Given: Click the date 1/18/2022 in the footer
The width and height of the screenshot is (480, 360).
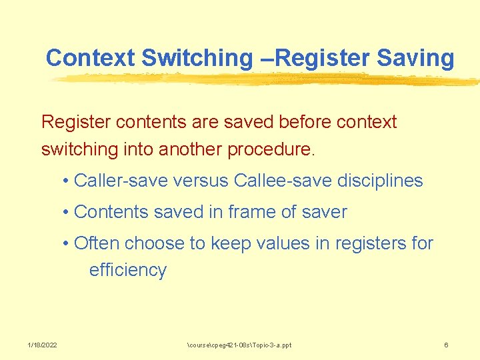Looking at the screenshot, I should click(42, 345).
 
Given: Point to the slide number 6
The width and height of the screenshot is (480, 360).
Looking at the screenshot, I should click(446, 345).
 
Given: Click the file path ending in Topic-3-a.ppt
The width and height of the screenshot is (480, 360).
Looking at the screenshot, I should click(239, 345).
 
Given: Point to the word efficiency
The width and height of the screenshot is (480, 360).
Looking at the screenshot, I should click(127, 270).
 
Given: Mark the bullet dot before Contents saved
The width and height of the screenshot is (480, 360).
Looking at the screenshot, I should click(67, 213).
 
